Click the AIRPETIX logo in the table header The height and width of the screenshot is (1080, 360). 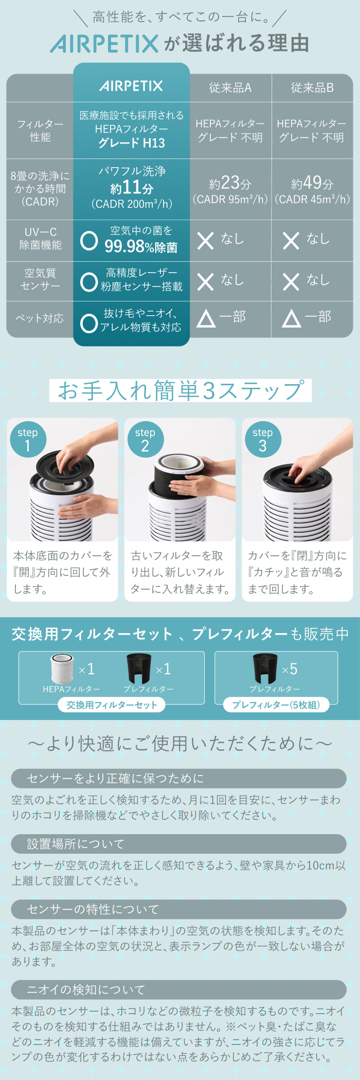(131, 86)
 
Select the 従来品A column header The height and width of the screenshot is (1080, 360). (230, 88)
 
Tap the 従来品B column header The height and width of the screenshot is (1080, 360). (312, 88)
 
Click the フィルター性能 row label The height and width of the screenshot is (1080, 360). (40, 131)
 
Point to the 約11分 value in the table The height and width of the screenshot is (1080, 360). (132, 188)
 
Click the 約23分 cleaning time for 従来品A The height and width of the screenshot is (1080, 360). (230, 183)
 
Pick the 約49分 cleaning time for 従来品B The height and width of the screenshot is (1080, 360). (312, 183)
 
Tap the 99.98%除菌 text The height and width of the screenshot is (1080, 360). (141, 247)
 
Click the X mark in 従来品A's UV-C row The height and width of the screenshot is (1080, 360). (205, 240)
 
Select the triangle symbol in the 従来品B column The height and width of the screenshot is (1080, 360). (291, 319)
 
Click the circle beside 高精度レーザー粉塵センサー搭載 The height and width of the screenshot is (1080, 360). (89, 281)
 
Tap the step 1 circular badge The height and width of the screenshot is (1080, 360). (28, 439)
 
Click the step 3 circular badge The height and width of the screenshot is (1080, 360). (263, 439)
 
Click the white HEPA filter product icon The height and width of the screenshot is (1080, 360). (62, 669)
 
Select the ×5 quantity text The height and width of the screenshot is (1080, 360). (290, 669)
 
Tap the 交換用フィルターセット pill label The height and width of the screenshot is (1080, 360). (112, 705)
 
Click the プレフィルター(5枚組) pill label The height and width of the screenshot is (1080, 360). (276, 705)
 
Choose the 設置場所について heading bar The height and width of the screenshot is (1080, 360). (179, 844)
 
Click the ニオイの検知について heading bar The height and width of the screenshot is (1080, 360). (179, 989)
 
